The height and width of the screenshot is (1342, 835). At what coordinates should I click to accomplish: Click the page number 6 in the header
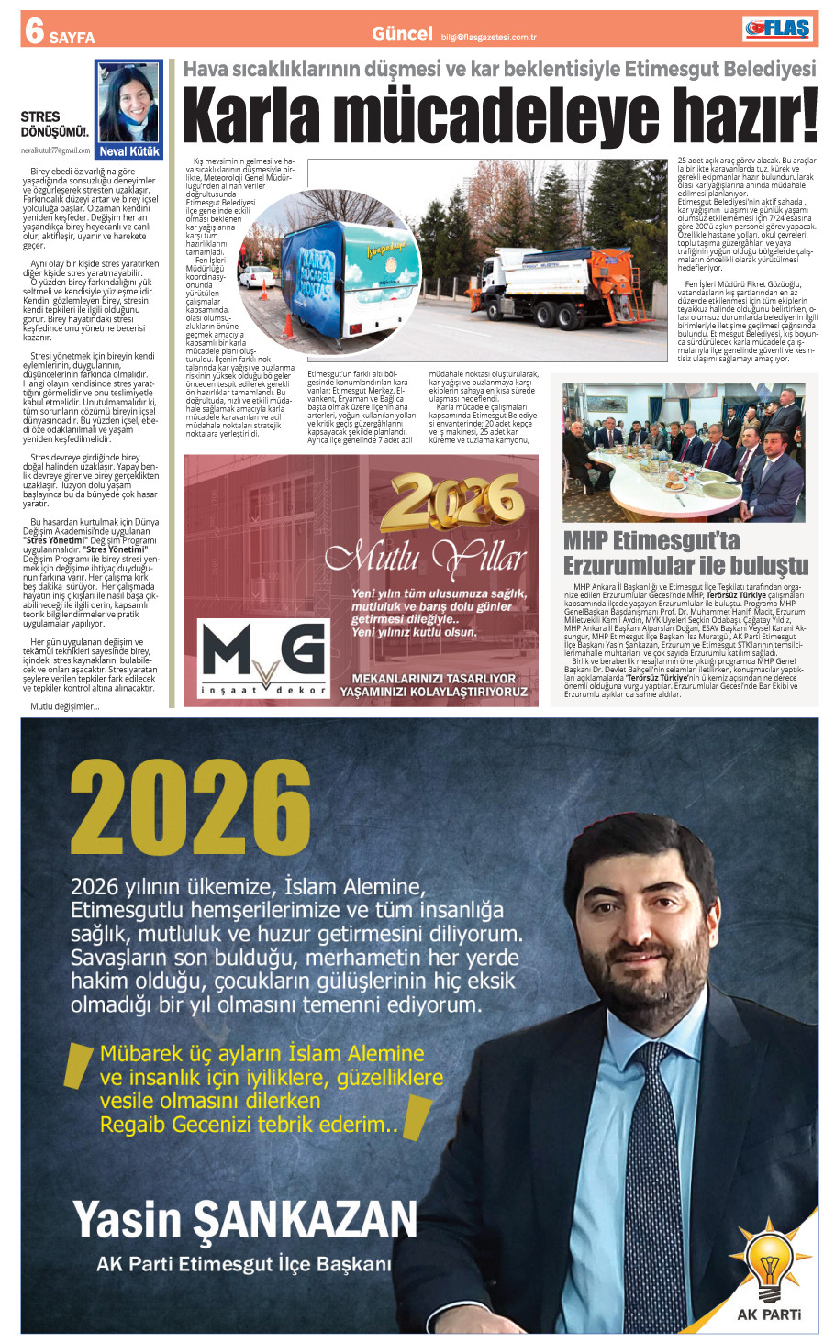tap(35, 30)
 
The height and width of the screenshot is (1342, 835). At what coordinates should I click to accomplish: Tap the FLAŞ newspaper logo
tap(777, 29)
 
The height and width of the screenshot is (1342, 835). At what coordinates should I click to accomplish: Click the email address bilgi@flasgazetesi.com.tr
tap(488, 38)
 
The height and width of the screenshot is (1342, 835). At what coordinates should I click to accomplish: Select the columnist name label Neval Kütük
tap(129, 151)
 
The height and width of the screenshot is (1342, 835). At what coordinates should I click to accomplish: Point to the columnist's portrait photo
tap(128, 103)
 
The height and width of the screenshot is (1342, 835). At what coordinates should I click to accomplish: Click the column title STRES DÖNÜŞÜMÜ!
tap(53, 124)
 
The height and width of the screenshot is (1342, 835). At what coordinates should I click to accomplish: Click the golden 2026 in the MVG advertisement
tap(452, 504)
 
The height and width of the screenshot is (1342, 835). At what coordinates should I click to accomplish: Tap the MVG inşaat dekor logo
tap(264, 658)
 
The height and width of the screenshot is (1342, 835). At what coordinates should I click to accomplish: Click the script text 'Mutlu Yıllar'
tap(426, 557)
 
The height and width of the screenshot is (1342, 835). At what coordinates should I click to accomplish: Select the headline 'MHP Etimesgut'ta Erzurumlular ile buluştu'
tap(685, 553)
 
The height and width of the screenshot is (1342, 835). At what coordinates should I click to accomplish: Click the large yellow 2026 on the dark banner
tap(191, 808)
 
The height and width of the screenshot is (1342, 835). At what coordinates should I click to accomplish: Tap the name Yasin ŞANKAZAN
tap(245, 1220)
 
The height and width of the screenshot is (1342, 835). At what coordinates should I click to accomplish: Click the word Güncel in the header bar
tap(402, 35)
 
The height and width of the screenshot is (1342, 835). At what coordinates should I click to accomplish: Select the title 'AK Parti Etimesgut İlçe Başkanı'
tap(244, 1264)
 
